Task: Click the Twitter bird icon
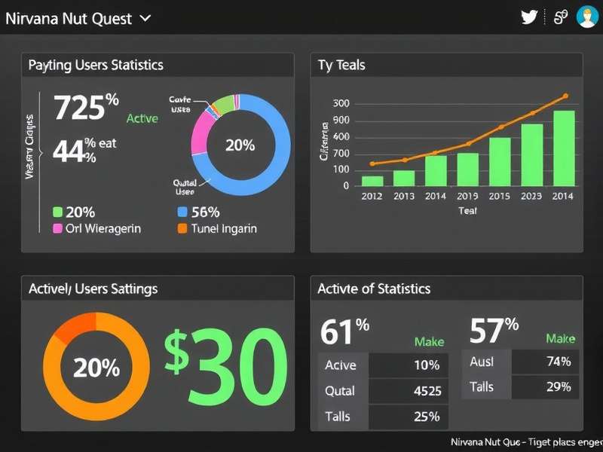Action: (x=529, y=17)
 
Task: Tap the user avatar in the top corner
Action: (x=586, y=17)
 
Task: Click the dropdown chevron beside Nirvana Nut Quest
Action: (x=145, y=18)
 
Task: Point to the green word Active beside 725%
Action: (x=142, y=118)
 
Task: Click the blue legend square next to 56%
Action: (x=182, y=212)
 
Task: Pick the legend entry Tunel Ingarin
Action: (x=223, y=228)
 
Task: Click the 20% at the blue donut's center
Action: (x=240, y=145)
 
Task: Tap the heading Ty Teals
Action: (x=341, y=65)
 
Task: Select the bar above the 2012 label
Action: (x=372, y=181)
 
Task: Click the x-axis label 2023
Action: (x=531, y=196)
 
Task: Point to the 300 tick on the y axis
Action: (x=341, y=104)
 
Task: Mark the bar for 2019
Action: (x=468, y=169)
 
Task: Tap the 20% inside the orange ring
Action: (x=96, y=368)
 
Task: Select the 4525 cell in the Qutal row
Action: (x=427, y=391)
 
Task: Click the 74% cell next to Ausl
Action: (x=558, y=361)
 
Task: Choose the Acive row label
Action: (x=340, y=365)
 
